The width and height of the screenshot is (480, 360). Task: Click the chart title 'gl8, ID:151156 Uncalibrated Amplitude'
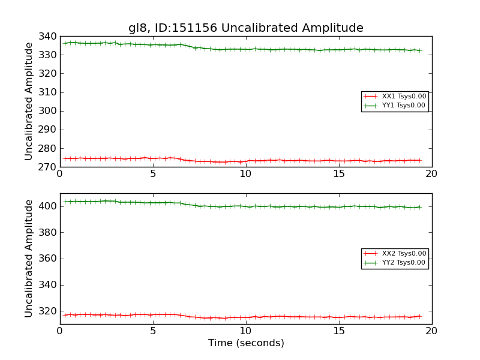pos(245,28)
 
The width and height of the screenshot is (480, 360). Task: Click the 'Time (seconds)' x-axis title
pos(246,343)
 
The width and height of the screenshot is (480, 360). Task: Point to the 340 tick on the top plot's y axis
pos(49,37)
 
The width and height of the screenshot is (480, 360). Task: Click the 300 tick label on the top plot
pos(49,111)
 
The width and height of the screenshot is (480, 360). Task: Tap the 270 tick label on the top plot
pos(49,167)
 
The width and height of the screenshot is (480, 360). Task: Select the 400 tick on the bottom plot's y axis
pos(49,206)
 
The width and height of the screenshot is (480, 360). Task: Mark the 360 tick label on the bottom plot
pos(49,259)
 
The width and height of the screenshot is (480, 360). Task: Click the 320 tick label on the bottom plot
pos(49,311)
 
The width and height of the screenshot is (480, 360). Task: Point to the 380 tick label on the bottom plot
pos(49,233)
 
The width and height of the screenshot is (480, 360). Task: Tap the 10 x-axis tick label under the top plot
pos(246,174)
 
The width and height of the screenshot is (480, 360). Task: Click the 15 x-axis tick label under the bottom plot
pos(339,331)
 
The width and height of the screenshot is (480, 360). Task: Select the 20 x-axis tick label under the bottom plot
pos(432,331)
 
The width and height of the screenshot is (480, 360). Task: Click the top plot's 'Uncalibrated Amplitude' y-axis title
pos(29,101)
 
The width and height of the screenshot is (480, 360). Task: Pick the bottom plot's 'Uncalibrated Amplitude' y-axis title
pos(29,259)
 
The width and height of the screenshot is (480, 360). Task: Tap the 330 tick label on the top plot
pos(49,55)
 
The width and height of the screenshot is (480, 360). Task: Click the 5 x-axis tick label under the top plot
pos(153,174)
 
